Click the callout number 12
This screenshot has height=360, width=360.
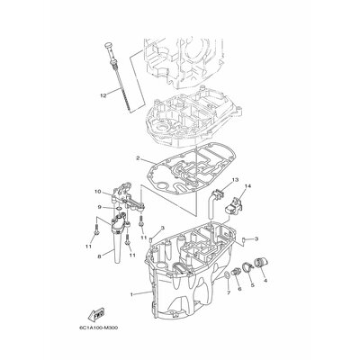tap(104, 94)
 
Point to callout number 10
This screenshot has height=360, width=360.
tap(97, 192)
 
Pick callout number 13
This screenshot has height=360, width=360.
tap(210, 181)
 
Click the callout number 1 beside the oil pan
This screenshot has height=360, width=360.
tap(130, 293)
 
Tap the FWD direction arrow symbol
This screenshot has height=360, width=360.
tap(94, 315)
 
